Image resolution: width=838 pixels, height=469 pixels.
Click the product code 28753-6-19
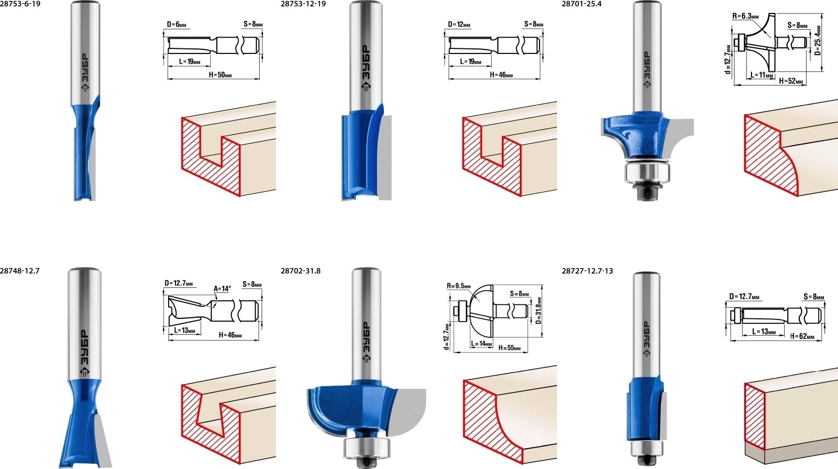point(20,4)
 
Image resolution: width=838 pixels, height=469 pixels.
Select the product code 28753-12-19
point(304,4)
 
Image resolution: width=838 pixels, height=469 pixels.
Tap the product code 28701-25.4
point(582,4)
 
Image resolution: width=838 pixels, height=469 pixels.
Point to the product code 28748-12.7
point(20,270)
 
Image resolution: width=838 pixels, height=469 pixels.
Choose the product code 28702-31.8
point(301,270)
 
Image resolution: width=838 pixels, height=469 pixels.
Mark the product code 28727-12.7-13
point(587,270)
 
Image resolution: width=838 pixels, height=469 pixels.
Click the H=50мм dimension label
point(220,75)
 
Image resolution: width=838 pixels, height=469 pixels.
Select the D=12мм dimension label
point(459,25)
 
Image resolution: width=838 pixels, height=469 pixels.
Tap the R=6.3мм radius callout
point(746,16)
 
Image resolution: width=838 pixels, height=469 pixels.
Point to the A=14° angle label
point(222,288)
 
